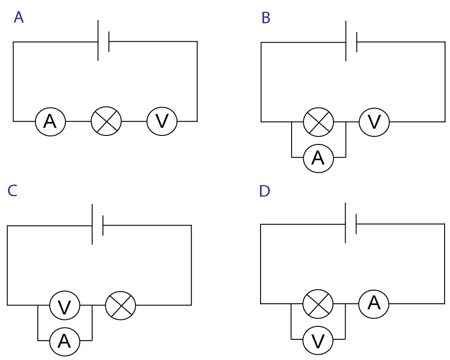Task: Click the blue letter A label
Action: point(18,18)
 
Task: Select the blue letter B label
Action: point(266,18)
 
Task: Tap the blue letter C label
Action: point(12,191)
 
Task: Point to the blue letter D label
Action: point(264,192)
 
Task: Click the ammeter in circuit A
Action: point(50,121)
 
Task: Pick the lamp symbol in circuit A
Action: point(106,121)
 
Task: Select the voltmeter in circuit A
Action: point(162,121)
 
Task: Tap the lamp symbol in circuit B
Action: point(318,122)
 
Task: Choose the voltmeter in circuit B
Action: point(374,122)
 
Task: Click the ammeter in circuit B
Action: point(318,158)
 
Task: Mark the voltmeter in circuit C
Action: point(65,306)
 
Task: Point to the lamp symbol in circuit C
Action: point(121,306)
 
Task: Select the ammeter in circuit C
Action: point(65,342)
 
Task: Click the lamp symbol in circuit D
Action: point(318,304)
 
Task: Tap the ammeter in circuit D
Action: point(373,304)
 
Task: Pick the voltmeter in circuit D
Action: point(318,341)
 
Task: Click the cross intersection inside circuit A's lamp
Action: point(106,121)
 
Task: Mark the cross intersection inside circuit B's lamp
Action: point(318,122)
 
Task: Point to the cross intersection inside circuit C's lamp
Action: point(121,306)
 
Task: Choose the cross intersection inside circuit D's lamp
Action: point(318,304)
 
